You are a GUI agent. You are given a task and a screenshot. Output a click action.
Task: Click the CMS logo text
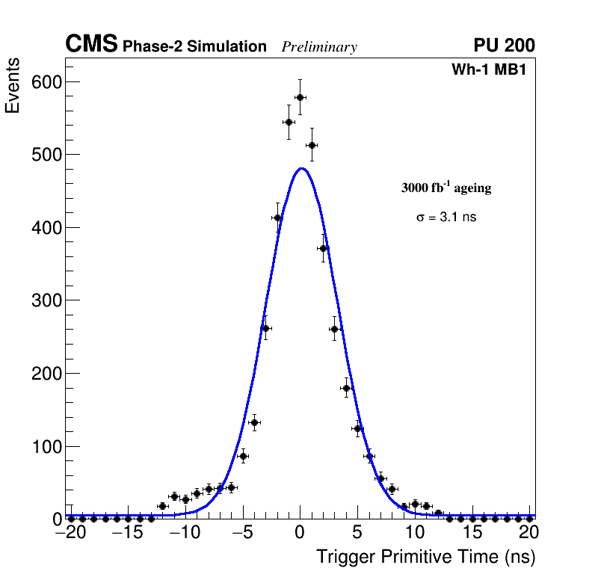(x=91, y=45)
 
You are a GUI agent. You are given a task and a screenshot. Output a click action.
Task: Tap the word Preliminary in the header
(x=319, y=47)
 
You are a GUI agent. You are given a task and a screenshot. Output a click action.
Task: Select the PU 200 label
(x=504, y=46)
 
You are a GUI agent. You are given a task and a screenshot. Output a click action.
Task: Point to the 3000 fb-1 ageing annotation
(x=446, y=188)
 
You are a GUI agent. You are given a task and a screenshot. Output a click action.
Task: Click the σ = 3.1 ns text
(x=446, y=217)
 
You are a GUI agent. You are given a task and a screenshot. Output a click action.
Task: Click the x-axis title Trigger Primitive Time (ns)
(x=425, y=557)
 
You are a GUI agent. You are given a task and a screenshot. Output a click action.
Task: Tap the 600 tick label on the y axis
(x=46, y=81)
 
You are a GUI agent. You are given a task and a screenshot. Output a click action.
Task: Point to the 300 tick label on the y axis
(x=46, y=300)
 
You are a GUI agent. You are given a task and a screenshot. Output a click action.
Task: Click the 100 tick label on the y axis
(x=46, y=447)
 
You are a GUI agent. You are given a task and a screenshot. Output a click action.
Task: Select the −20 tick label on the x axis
(x=71, y=532)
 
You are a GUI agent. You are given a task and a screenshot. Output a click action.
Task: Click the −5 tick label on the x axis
(x=243, y=532)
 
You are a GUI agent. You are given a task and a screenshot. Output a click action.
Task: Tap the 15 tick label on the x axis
(x=472, y=532)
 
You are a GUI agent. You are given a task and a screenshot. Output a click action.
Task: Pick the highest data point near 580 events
(x=300, y=97)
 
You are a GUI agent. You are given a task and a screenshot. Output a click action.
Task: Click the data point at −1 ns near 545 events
(x=289, y=122)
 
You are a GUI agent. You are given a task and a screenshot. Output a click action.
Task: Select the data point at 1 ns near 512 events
(x=312, y=145)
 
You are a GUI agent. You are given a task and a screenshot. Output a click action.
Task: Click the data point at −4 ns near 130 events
(x=254, y=423)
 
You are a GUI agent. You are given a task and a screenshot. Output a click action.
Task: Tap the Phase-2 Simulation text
(x=194, y=47)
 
